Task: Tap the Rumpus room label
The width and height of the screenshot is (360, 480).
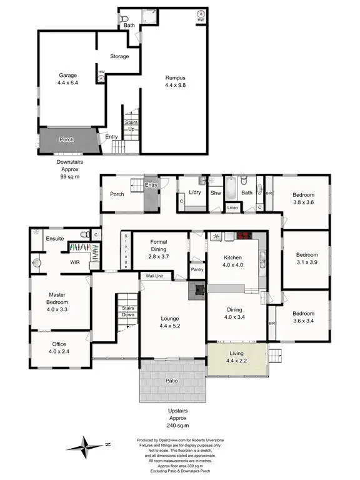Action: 176,81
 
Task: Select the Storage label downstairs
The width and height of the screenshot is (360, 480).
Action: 119,56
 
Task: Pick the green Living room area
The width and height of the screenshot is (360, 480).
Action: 237,359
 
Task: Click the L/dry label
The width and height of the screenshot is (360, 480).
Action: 194,194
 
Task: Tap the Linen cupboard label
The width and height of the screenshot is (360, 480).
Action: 232,207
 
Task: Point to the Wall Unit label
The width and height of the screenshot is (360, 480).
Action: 154,276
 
